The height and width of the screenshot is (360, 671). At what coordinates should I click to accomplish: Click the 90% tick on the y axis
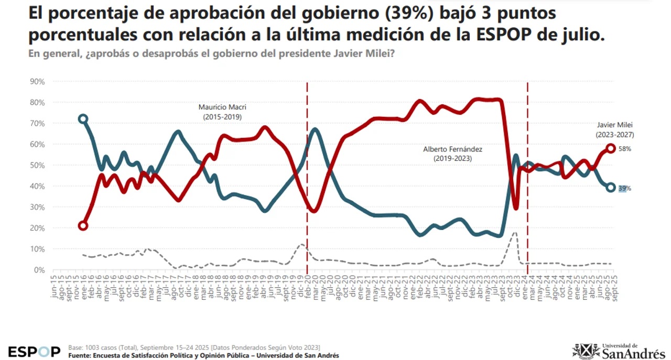click(x=37, y=81)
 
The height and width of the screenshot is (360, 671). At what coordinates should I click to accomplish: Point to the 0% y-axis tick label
click(x=39, y=270)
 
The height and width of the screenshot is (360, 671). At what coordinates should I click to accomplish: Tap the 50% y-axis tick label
click(x=37, y=165)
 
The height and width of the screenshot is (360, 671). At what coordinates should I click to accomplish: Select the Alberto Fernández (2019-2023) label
click(x=452, y=153)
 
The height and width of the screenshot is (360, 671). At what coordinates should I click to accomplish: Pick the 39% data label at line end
click(x=624, y=189)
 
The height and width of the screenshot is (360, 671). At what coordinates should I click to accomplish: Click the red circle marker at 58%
click(x=611, y=148)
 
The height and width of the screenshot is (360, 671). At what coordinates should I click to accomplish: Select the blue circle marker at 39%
click(x=611, y=188)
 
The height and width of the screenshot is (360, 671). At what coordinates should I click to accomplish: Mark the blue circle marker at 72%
click(x=83, y=119)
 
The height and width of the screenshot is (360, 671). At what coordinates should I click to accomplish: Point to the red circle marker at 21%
click(x=83, y=226)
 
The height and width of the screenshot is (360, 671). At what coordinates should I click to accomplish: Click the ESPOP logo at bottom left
click(x=34, y=351)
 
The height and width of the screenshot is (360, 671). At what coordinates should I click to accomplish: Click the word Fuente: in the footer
click(x=80, y=356)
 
